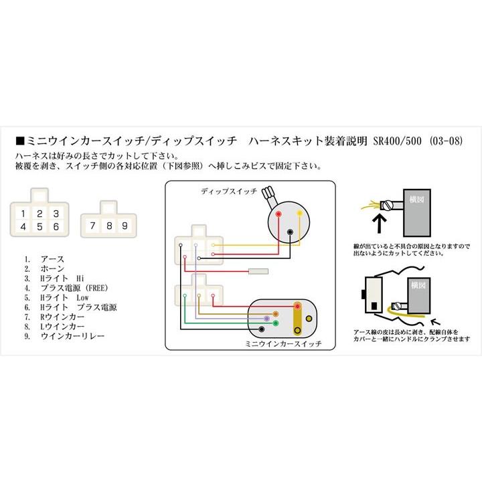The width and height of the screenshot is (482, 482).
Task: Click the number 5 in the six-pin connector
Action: [x=40, y=226]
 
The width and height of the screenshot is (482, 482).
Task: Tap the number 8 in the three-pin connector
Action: [x=108, y=226]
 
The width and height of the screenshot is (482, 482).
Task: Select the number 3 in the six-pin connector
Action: [x=57, y=213]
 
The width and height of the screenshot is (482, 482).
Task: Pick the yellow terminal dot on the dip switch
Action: [x=299, y=214]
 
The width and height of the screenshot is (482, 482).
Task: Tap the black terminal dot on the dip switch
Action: [x=290, y=232]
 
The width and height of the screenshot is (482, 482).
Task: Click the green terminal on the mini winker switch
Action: [x=275, y=324]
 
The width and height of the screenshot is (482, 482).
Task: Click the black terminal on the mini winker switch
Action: [x=297, y=330]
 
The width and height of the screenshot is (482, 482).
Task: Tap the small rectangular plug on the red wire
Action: [x=259, y=272]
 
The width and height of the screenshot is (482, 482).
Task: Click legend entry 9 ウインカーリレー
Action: [x=64, y=336]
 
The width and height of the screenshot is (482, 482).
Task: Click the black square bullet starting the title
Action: [x=19, y=142]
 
